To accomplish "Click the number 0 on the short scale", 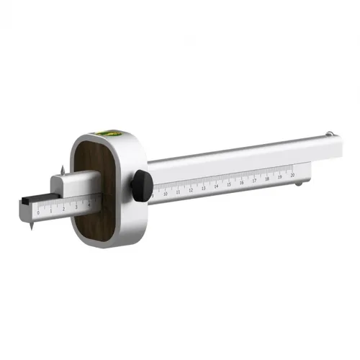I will click(39, 213).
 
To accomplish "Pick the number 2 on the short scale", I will click(64, 209).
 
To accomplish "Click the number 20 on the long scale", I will click(292, 174).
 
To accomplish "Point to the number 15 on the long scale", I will click(229, 184).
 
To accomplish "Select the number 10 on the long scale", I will click(166, 193).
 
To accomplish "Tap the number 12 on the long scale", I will click(191, 189).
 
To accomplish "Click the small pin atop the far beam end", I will click(328, 133).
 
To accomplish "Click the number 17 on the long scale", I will click(254, 180).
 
